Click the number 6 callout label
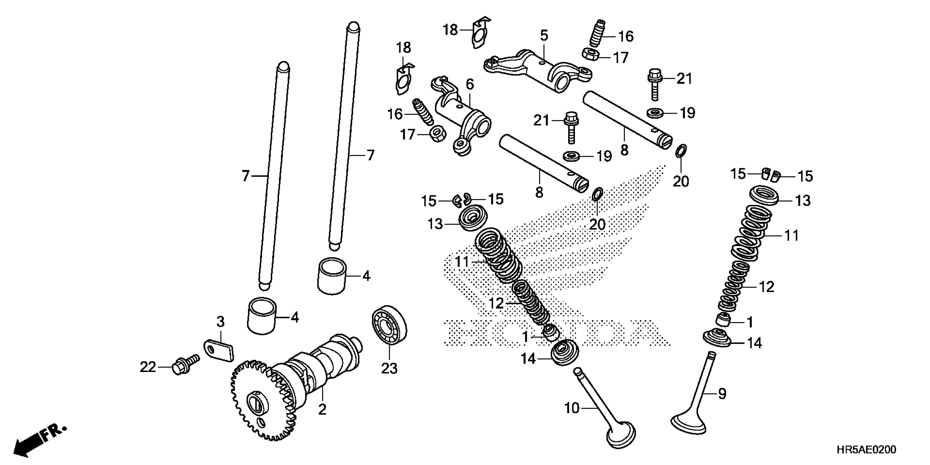469,84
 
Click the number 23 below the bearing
389,369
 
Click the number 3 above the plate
220,321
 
